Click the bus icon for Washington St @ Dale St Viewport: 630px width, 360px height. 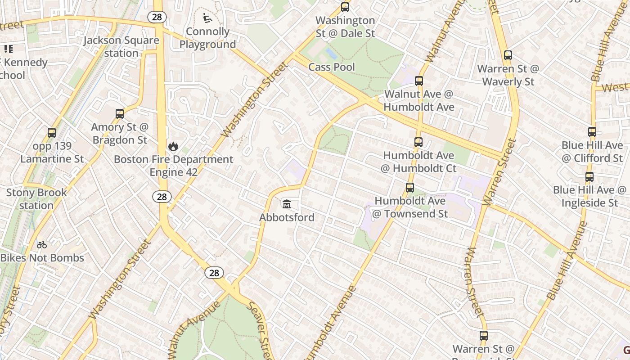[x=345, y=7]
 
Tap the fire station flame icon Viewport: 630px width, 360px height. [x=173, y=146]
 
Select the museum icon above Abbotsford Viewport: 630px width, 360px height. [x=286, y=204]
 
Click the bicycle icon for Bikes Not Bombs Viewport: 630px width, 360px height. [x=42, y=245]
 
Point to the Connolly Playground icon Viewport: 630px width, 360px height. [x=207, y=18]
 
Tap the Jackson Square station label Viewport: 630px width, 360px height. [x=121, y=47]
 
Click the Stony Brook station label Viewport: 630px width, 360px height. [x=36, y=199]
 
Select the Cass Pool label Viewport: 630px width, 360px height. [x=332, y=67]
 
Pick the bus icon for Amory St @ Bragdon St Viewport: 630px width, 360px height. [x=119, y=114]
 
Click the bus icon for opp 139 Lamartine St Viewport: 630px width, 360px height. [x=52, y=133]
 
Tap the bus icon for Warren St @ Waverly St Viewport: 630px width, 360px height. [x=508, y=55]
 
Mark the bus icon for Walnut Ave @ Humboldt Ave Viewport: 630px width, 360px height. [x=419, y=81]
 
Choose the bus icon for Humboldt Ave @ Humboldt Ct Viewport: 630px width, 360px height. [x=418, y=142]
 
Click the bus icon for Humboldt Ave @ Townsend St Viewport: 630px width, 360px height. [x=410, y=188]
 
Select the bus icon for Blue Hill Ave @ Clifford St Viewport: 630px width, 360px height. [x=592, y=132]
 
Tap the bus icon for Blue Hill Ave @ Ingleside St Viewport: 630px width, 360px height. [x=589, y=177]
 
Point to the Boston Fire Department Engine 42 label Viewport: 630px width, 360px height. [x=173, y=166]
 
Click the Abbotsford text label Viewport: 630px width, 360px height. [x=287, y=217]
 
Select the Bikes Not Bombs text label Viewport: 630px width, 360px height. [x=42, y=258]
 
